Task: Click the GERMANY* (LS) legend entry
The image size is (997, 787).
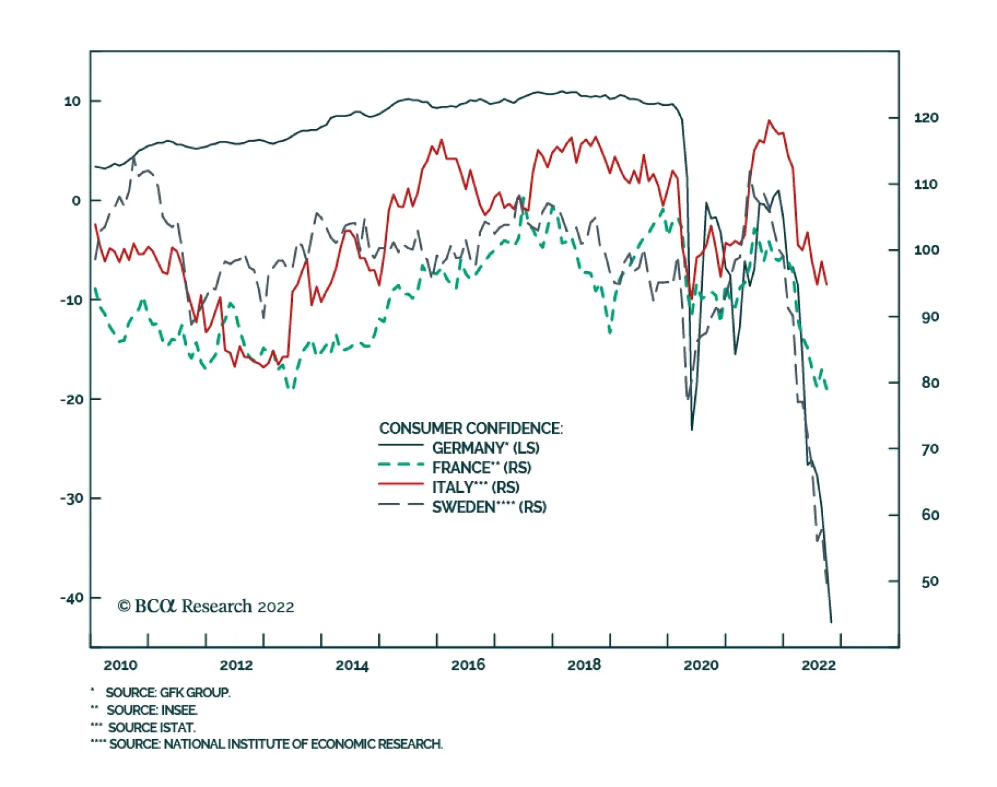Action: (485, 448)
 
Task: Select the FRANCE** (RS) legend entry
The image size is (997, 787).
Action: (481, 467)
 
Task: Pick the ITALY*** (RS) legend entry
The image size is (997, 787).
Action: (475, 487)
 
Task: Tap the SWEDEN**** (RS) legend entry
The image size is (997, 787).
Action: (489, 507)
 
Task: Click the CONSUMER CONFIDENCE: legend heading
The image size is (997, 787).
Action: (470, 428)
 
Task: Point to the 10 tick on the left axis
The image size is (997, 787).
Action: (72, 101)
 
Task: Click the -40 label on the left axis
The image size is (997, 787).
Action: (72, 598)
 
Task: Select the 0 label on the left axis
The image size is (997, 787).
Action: (76, 201)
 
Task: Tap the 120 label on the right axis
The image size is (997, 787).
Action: (926, 118)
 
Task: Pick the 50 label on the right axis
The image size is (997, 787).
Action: (930, 581)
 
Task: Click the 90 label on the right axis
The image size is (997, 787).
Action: (930, 317)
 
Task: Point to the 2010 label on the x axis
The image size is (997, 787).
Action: (120, 665)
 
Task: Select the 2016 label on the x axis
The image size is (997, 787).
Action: (468, 665)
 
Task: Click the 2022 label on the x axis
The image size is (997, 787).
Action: (818, 665)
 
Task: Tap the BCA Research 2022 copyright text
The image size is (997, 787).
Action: (206, 606)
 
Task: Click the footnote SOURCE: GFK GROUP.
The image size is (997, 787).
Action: (168, 692)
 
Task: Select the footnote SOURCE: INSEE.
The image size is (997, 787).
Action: (152, 710)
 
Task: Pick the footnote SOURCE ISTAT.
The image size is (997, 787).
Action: (151, 727)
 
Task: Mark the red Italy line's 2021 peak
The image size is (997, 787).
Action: (769, 121)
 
